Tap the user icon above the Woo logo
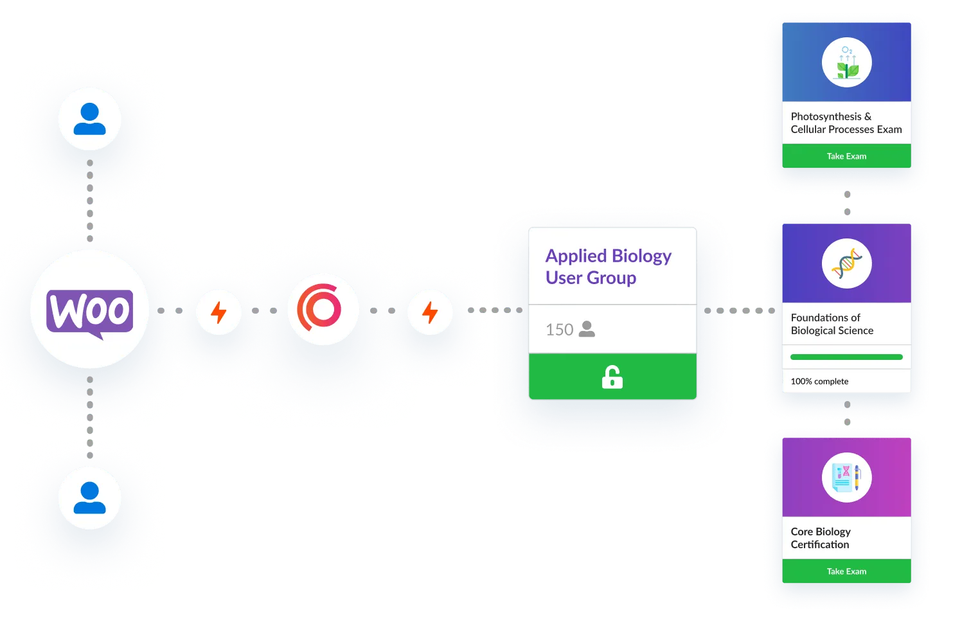pyautogui.click(x=89, y=119)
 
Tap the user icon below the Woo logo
pyautogui.click(x=89, y=498)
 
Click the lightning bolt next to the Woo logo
pyautogui.click(x=219, y=313)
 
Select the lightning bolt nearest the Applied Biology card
pyautogui.click(x=430, y=313)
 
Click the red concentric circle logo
pyautogui.click(x=322, y=309)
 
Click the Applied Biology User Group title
pyautogui.click(x=608, y=267)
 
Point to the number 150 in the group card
pyautogui.click(x=559, y=330)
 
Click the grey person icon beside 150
pyautogui.click(x=587, y=329)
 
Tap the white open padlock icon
pyautogui.click(x=612, y=377)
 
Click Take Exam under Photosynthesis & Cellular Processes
pyautogui.click(x=846, y=156)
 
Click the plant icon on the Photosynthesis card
pyautogui.click(x=847, y=63)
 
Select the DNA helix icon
pyautogui.click(x=847, y=264)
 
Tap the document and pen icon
pyautogui.click(x=847, y=478)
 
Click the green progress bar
pyautogui.click(x=846, y=357)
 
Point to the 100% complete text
pyautogui.click(x=819, y=381)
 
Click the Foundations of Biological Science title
pyautogui.click(x=832, y=324)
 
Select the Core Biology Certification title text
pyautogui.click(x=821, y=538)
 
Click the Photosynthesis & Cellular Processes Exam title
pyautogui.click(x=846, y=123)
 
